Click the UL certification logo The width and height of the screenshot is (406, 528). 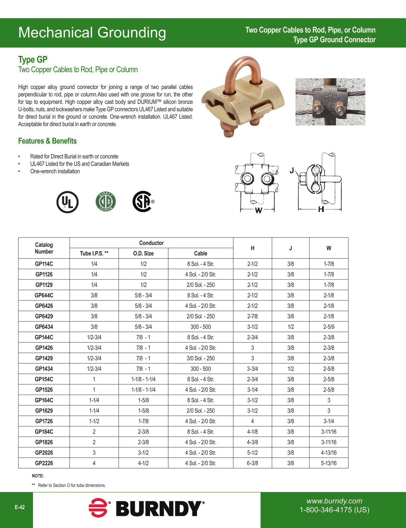(67, 202)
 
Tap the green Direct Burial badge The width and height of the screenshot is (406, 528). (106, 202)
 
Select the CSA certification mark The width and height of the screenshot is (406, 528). (143, 202)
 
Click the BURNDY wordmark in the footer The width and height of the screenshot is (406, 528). (159, 509)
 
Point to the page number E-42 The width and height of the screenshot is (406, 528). (20, 507)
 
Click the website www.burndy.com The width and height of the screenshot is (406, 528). (334, 501)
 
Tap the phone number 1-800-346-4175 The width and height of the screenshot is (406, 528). (334, 510)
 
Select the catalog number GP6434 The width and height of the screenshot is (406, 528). (44, 327)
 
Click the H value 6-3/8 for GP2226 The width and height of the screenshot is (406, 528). (252, 463)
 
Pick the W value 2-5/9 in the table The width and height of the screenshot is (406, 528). (329, 327)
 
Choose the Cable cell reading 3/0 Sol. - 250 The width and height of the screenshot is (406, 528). (201, 358)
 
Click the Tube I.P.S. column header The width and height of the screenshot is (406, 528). (94, 254)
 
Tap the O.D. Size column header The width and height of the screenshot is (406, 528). (143, 254)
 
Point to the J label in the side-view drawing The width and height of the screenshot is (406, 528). (292, 171)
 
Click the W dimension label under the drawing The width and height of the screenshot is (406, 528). (258, 211)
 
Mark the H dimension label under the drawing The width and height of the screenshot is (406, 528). (321, 209)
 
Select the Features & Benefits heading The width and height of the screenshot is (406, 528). (47, 141)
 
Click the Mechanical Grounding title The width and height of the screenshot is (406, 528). (92, 33)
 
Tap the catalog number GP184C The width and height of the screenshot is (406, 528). (44, 432)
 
